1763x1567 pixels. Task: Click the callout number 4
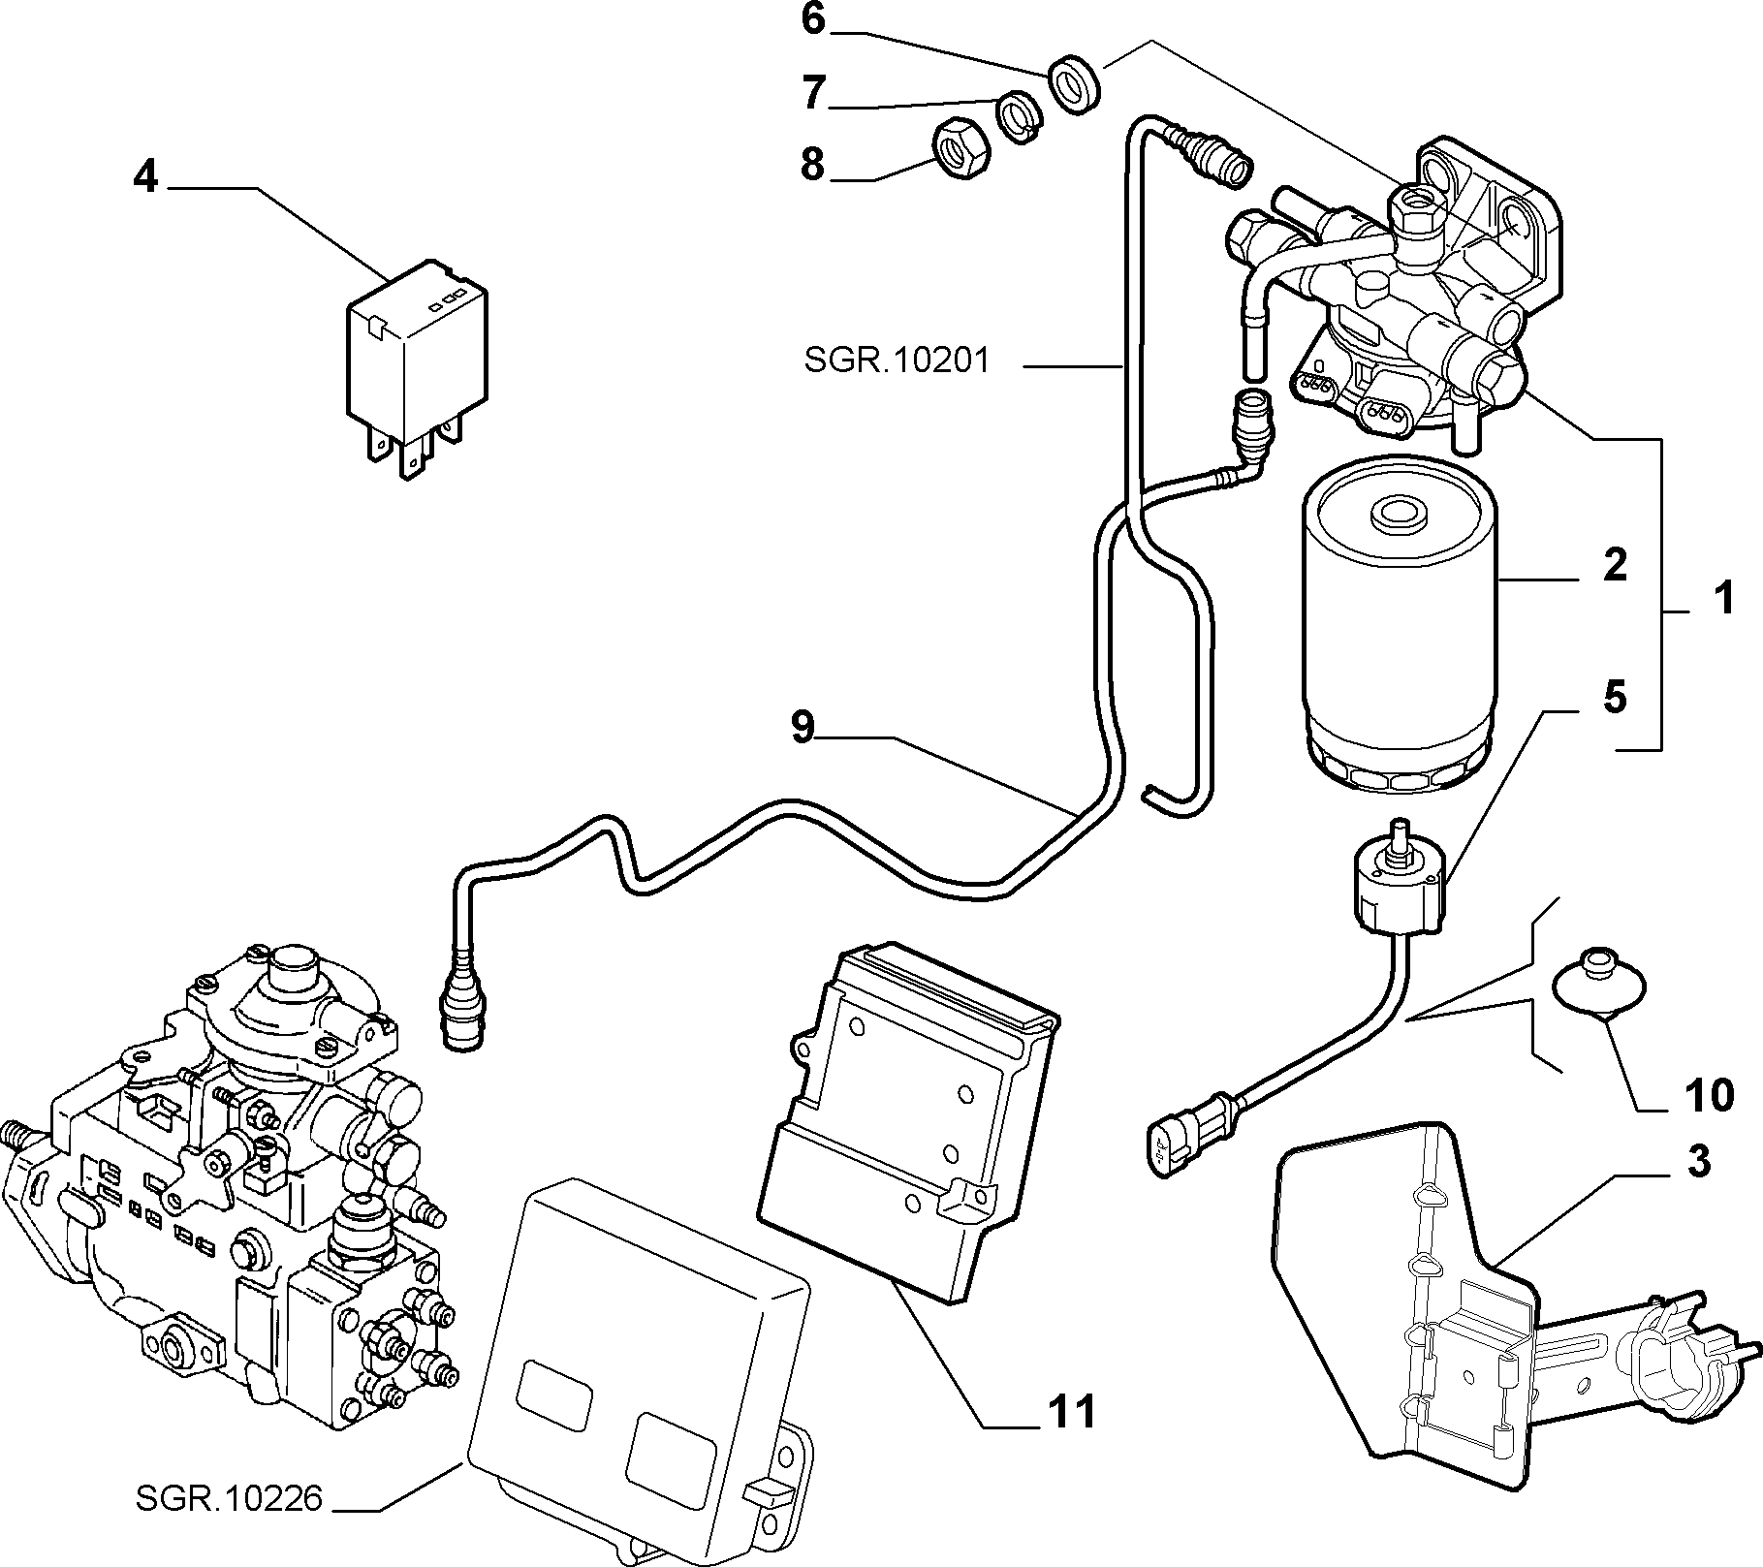(x=145, y=176)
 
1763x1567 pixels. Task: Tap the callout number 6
(x=812, y=19)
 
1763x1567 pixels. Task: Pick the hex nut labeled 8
(x=960, y=149)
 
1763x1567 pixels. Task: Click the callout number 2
(x=1615, y=564)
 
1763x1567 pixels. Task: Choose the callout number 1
(x=1722, y=598)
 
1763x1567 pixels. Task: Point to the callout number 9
(x=803, y=727)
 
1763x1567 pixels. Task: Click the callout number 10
(x=1708, y=1095)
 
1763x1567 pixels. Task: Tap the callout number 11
(x=1071, y=1412)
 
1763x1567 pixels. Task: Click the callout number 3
(x=1699, y=1161)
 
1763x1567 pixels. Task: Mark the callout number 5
(x=1615, y=697)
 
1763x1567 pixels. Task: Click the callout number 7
(x=812, y=94)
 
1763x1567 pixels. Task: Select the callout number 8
(x=812, y=165)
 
